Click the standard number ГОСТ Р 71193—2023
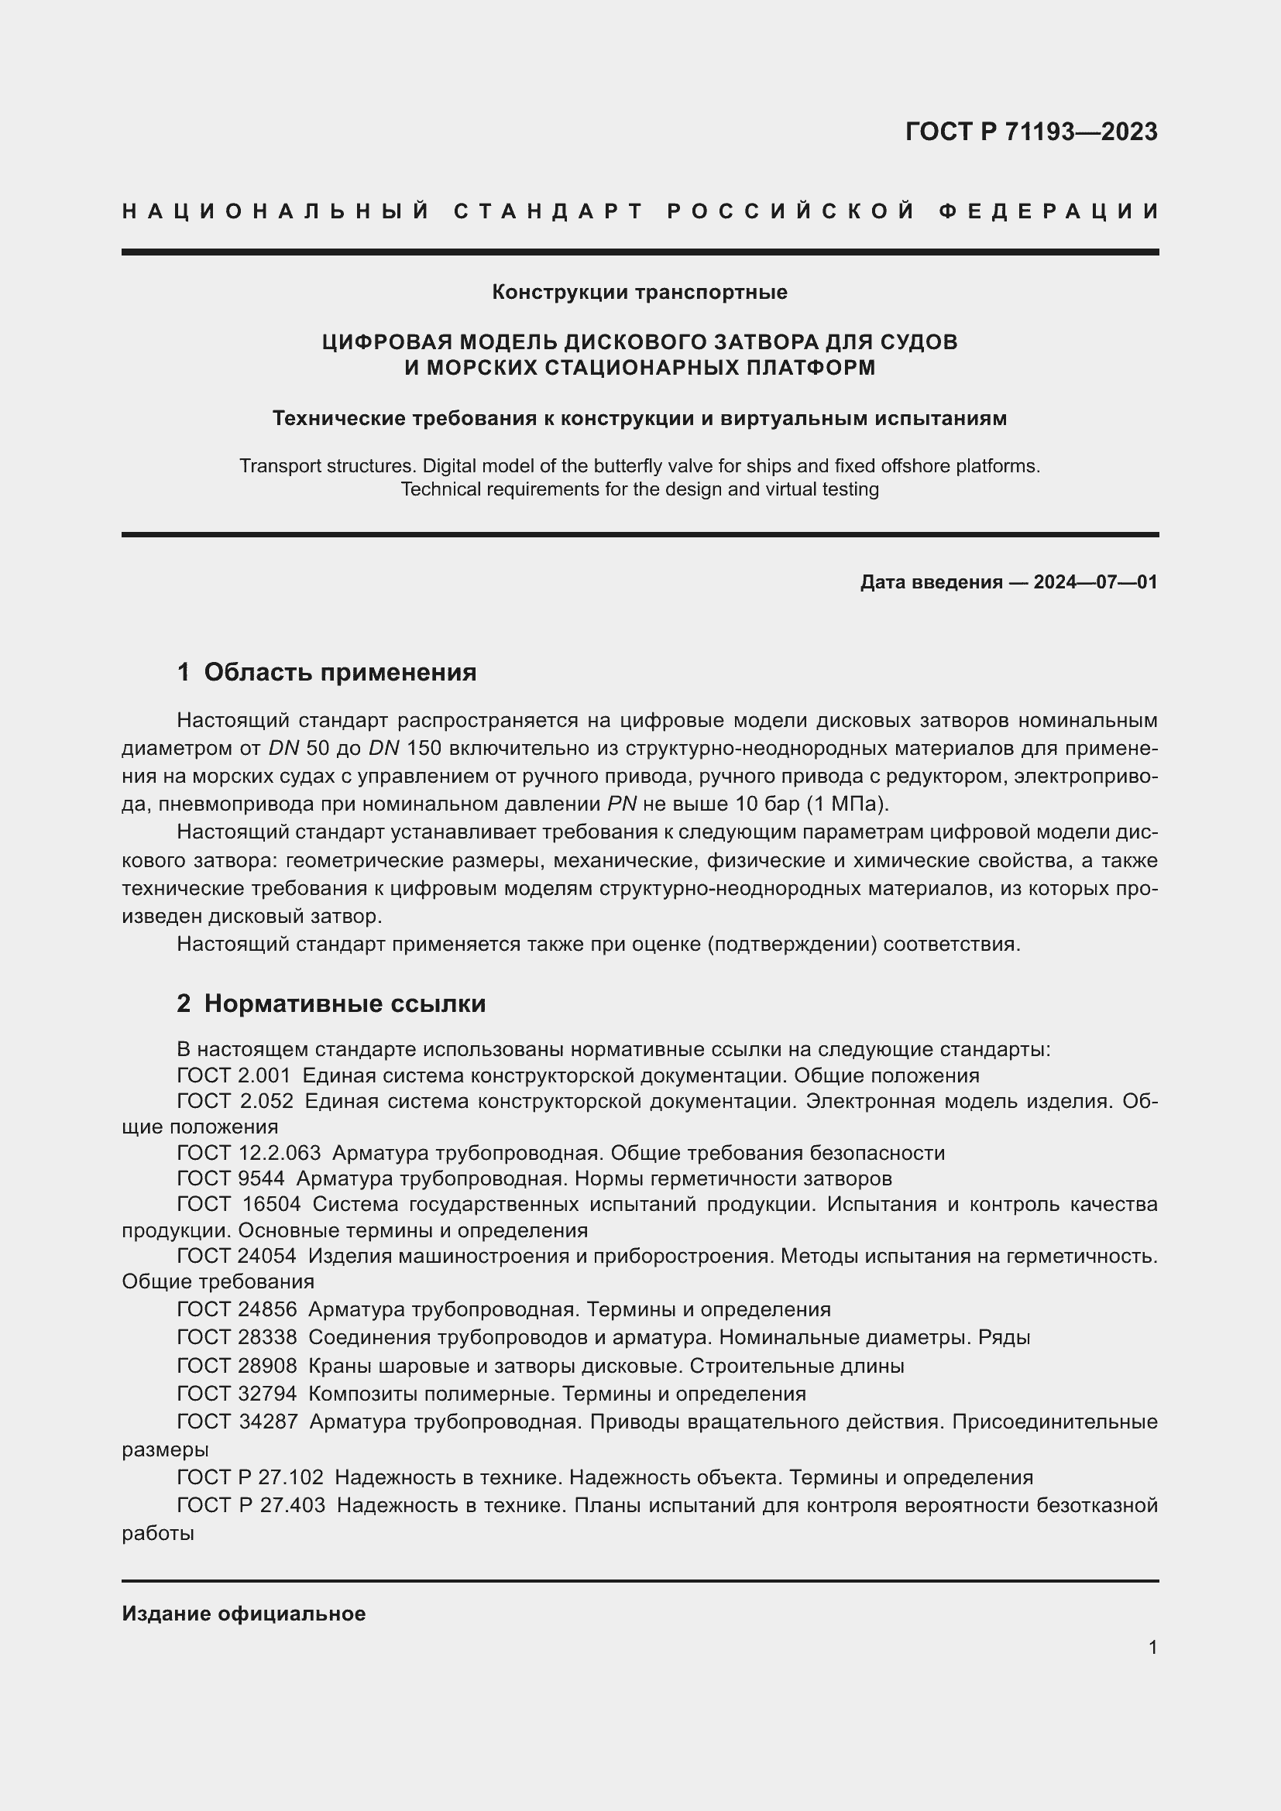[x=1031, y=132]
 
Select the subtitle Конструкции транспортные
[x=639, y=293]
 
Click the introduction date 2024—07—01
[x=1095, y=583]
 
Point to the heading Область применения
[x=340, y=672]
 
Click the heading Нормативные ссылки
[x=345, y=1003]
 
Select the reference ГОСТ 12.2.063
[x=249, y=1153]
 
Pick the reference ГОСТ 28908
[x=237, y=1365]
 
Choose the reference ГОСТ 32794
[x=237, y=1394]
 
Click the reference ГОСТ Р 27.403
[x=251, y=1505]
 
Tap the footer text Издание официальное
[x=244, y=1614]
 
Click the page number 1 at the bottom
[x=1152, y=1648]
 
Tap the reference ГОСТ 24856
[x=237, y=1309]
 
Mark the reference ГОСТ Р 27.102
[x=250, y=1477]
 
